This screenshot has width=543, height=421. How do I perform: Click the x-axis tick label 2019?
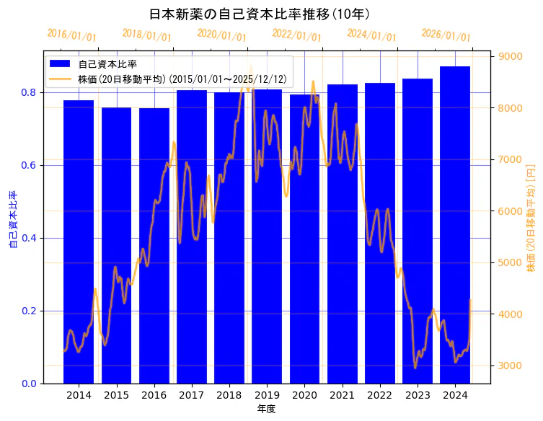tap(267, 396)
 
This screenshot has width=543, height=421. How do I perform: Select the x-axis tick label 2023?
tap(418, 396)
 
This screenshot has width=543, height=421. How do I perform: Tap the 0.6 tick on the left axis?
tap(29, 166)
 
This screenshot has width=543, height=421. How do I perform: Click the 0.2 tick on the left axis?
tap(29, 311)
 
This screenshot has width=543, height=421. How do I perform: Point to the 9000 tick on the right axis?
tap(511, 57)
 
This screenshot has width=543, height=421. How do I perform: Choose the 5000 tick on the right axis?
tap(511, 262)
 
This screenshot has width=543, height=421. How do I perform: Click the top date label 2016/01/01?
tap(71, 35)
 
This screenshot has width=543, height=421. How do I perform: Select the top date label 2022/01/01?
tap(296, 35)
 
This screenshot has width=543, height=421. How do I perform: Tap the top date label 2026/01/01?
tap(446, 35)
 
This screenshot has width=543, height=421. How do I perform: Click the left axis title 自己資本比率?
tap(12, 220)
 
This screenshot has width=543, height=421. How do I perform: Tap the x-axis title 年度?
tap(266, 409)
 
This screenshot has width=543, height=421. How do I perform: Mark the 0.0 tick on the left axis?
tap(29, 384)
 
